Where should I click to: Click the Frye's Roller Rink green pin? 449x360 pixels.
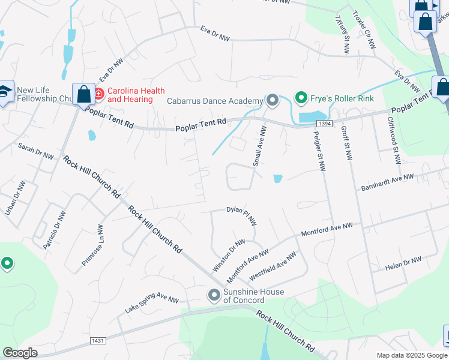coord(301,97)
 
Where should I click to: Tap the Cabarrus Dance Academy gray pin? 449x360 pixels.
coord(272,100)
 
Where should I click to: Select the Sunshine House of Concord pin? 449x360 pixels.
coord(214,295)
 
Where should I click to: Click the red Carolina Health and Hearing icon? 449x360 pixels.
coord(98,94)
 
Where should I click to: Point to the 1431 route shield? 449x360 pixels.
coord(98,341)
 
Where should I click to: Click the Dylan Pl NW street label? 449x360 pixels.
coord(241,215)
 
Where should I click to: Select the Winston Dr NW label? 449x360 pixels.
coord(229,254)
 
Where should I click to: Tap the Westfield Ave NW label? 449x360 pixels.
coord(273,265)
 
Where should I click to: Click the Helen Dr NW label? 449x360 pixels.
coord(403,263)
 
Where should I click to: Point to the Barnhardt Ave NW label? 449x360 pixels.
coord(388,182)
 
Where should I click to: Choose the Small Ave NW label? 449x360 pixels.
coord(259,146)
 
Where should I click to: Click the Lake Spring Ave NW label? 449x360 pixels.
coord(152,302)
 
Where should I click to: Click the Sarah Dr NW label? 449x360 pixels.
coord(36,150)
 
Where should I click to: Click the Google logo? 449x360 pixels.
coord(20,353)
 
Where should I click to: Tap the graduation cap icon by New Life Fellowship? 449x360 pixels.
coord(5,91)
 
